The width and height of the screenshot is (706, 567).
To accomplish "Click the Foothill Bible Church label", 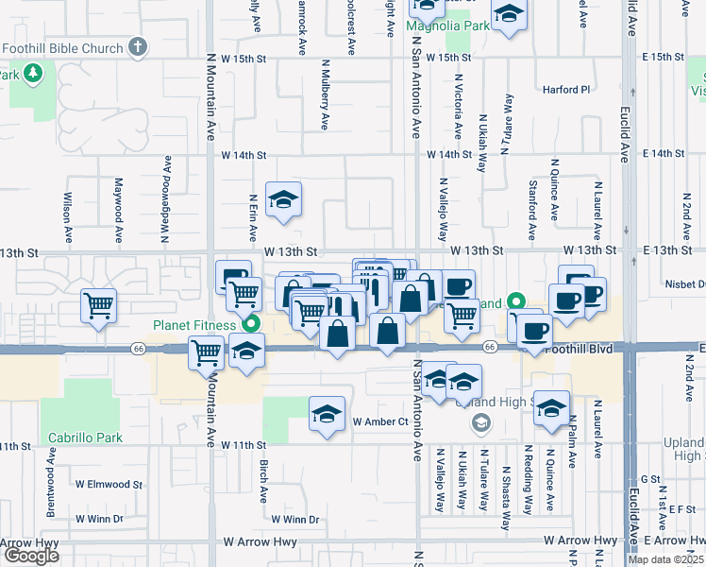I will pyautogui.click(x=63, y=48).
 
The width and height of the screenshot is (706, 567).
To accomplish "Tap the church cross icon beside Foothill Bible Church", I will pyautogui.click(x=138, y=47).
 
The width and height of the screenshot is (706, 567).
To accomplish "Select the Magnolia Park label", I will pyautogui.click(x=447, y=26).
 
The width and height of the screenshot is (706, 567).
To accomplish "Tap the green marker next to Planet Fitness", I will pyautogui.click(x=251, y=324).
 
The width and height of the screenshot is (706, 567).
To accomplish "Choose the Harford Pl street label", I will pyautogui.click(x=566, y=90).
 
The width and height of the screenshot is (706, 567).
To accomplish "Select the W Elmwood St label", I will pyautogui.click(x=111, y=485).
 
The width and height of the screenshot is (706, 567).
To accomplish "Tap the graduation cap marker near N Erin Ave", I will pyautogui.click(x=282, y=199).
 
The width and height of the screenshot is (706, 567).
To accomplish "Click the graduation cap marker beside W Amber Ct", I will pyautogui.click(x=327, y=414).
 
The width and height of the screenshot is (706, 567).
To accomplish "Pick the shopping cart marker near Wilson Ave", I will pyautogui.click(x=99, y=305).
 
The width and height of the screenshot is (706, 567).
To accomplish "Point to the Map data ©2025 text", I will pyautogui.click(x=666, y=559).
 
